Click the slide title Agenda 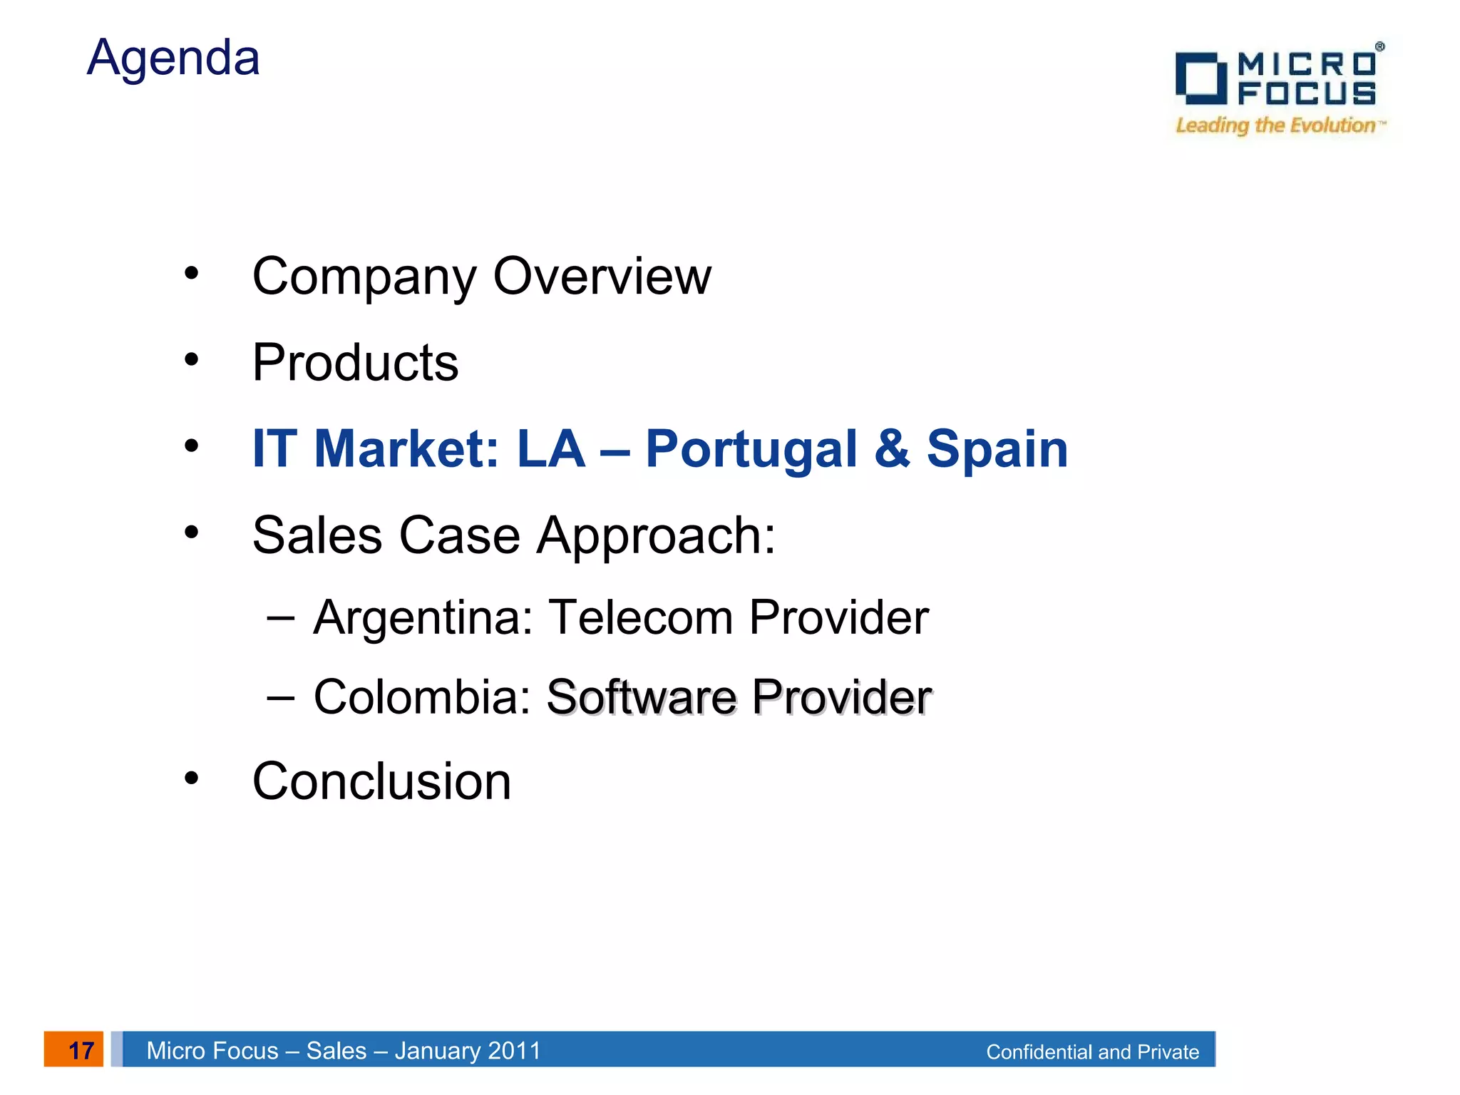(x=173, y=58)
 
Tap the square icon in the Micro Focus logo (x=1201, y=78)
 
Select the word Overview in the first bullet (x=602, y=276)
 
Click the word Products (x=355, y=363)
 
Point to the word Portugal (x=751, y=451)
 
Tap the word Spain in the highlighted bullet (x=997, y=449)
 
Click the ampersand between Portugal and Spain (x=892, y=449)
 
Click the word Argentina (x=423, y=617)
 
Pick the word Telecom (x=640, y=617)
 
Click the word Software (x=641, y=696)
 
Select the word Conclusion (x=381, y=781)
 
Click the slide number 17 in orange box (x=80, y=1050)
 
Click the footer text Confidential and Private (x=1092, y=1052)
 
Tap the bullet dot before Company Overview (x=191, y=273)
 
